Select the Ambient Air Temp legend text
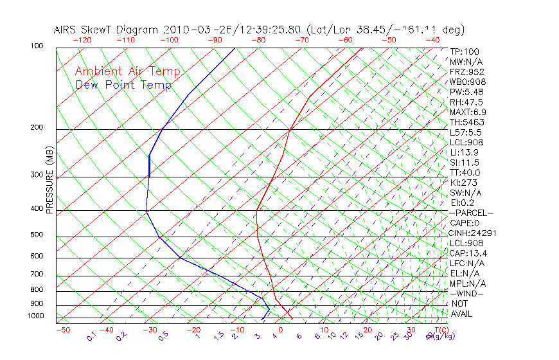pyautogui.click(x=128, y=71)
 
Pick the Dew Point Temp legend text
pyautogui.click(x=123, y=85)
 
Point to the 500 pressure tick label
pyautogui.click(x=36, y=235)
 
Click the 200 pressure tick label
pyautogui.click(x=36, y=127)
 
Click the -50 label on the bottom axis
pyautogui.click(x=62, y=330)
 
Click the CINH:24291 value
pyautogui.click(x=473, y=233)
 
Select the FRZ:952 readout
pyautogui.click(x=466, y=71)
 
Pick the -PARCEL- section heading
pyautogui.click(x=471, y=213)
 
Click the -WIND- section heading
pyautogui.click(x=467, y=293)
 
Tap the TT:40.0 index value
pyautogui.click(x=465, y=172)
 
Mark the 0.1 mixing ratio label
pyautogui.click(x=93, y=336)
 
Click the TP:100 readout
pyautogui.click(x=465, y=51)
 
